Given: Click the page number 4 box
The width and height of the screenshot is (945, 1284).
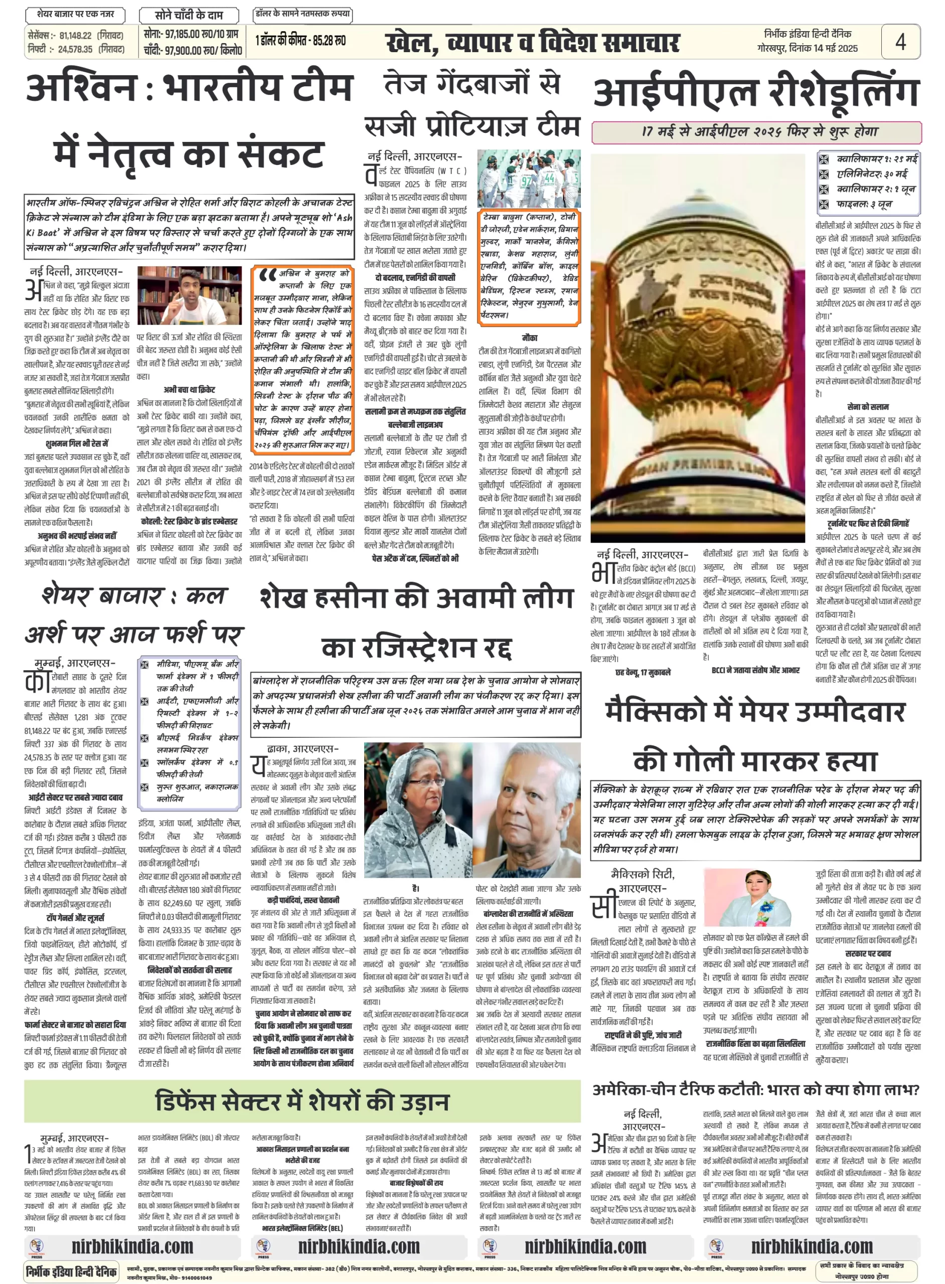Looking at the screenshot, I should click(900, 41).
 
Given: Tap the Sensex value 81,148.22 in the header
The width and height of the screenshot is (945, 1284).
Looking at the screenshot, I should click(76, 36).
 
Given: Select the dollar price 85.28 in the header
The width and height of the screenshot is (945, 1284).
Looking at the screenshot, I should click(332, 41).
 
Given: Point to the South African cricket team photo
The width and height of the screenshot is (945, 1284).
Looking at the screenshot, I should click(529, 179).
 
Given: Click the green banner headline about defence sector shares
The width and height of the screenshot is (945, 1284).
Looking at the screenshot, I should click(302, 1101).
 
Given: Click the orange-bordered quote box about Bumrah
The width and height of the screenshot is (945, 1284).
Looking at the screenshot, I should click(302, 359).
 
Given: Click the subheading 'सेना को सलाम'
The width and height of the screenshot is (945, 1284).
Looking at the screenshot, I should click(868, 407).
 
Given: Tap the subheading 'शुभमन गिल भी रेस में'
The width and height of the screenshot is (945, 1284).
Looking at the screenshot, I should click(77, 443).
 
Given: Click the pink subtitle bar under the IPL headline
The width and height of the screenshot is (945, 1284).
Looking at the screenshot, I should click(756, 132).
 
